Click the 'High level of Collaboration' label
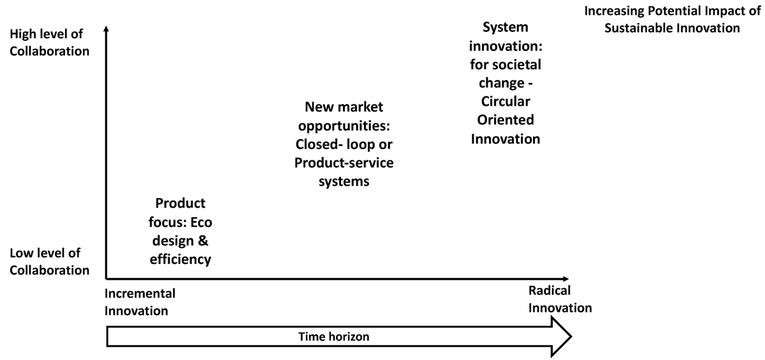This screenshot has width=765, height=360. click(49, 43)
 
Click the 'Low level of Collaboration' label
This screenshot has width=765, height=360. click(49, 261)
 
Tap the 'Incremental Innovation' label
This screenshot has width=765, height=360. click(140, 302)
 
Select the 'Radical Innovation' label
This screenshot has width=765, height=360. click(559, 299)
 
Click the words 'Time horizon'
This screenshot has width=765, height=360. click(333, 336)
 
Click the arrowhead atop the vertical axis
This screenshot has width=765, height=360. click(106, 29)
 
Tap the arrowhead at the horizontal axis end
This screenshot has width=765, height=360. click(565, 278)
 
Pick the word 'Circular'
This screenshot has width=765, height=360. click(505, 101)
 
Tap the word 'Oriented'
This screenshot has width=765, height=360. click(505, 120)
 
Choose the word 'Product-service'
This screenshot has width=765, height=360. click(344, 162)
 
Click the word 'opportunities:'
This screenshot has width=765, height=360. click(344, 125)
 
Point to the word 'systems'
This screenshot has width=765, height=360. click(344, 181)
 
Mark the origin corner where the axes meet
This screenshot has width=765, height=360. click(106, 278)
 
